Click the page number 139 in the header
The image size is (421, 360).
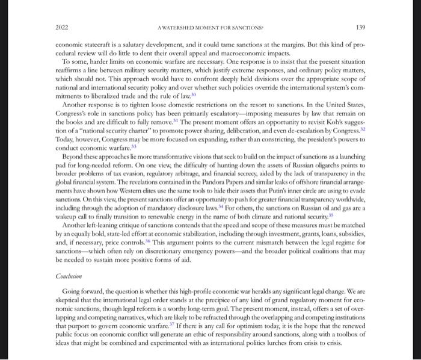[x=360, y=28]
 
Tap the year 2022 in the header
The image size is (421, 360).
[x=61, y=28]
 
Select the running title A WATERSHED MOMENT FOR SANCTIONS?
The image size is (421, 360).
[x=210, y=28]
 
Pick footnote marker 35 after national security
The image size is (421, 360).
[x=331, y=214]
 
